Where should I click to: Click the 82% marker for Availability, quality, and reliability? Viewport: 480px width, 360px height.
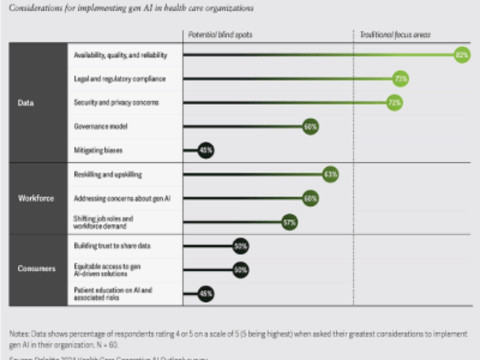(461, 53)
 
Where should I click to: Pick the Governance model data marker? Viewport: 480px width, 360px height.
(310, 126)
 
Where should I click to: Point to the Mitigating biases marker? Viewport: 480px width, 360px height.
(206, 150)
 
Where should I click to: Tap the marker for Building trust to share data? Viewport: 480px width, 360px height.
(240, 245)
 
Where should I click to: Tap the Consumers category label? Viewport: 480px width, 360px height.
(35, 269)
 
